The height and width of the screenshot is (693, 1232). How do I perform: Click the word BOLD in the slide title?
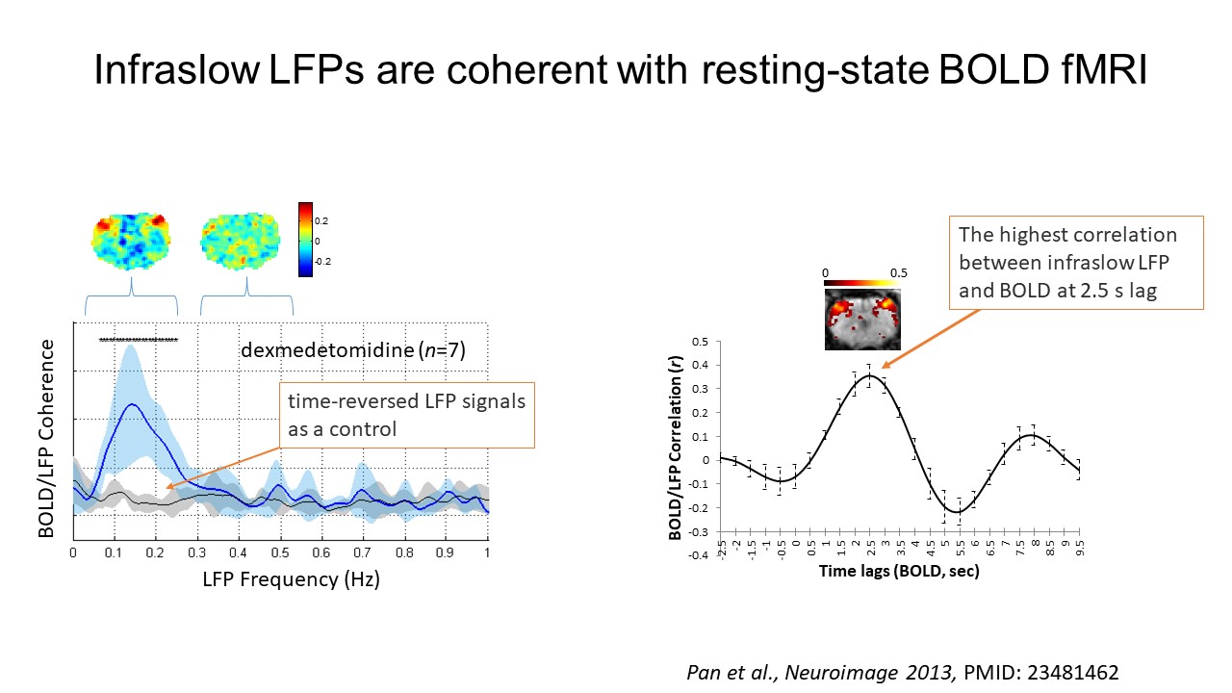tap(992, 69)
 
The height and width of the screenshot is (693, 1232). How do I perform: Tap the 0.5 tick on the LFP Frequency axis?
tap(280, 552)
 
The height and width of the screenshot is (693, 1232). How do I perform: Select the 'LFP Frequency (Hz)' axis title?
tap(291, 579)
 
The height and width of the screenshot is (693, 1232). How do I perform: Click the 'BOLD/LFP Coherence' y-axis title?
tap(46, 438)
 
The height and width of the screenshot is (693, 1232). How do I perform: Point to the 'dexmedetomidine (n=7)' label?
tap(353, 350)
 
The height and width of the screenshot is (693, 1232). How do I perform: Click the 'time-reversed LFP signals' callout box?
tap(407, 415)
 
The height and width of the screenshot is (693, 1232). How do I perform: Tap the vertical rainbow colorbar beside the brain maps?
tap(305, 240)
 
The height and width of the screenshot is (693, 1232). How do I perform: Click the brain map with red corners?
tap(131, 242)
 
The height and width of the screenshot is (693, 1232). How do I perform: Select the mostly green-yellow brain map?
tap(241, 242)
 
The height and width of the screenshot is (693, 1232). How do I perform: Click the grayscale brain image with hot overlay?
tap(862, 319)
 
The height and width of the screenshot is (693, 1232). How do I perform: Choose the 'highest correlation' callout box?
tap(1076, 263)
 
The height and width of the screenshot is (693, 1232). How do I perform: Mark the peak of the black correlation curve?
tap(869, 375)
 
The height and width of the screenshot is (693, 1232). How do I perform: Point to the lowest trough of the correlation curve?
tap(959, 512)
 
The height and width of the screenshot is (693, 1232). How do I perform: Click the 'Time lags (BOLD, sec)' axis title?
tap(899, 571)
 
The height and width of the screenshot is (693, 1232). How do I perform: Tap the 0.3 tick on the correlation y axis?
tap(700, 389)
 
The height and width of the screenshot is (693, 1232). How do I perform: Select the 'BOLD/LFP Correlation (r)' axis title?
tap(675, 448)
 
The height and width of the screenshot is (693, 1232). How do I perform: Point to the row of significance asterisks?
tap(139, 340)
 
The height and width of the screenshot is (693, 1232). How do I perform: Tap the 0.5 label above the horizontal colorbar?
tap(899, 273)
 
